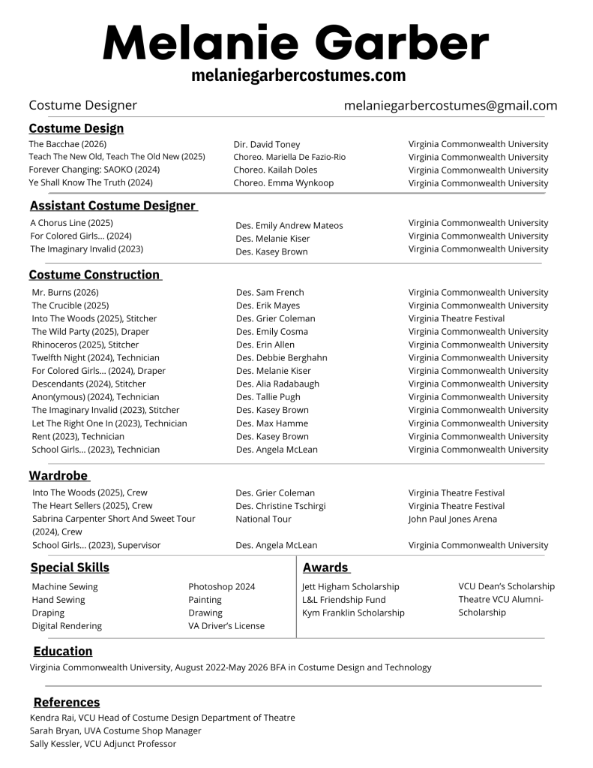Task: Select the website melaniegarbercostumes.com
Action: pyautogui.click(x=298, y=76)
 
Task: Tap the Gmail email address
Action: pyautogui.click(x=451, y=106)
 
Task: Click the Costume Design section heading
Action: pyautogui.click(x=76, y=128)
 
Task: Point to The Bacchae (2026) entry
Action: pyautogui.click(x=67, y=144)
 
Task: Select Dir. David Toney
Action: pyautogui.click(x=266, y=144)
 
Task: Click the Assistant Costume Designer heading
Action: pyautogui.click(x=113, y=206)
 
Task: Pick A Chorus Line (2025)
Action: pyautogui.click(x=71, y=223)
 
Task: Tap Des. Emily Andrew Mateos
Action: pyautogui.click(x=289, y=225)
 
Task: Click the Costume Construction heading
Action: pyautogui.click(x=95, y=275)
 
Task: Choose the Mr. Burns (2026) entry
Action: pyautogui.click(x=65, y=292)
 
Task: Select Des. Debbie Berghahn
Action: pyautogui.click(x=281, y=358)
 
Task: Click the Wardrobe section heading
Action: pyautogui.click(x=58, y=476)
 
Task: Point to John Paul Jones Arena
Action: pyautogui.click(x=452, y=519)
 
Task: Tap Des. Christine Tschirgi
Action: pyautogui.click(x=280, y=506)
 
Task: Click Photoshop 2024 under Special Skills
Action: pyautogui.click(x=221, y=586)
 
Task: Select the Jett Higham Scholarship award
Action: pyautogui.click(x=350, y=586)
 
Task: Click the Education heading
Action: pyautogui.click(x=63, y=652)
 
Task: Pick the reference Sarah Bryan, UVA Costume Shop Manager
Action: pyautogui.click(x=115, y=730)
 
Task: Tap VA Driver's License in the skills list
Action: pyautogui.click(x=226, y=625)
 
